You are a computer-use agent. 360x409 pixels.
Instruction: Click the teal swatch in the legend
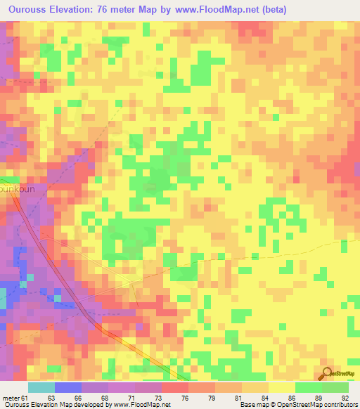(x=41, y=387)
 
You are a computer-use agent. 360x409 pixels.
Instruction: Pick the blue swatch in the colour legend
(x=68, y=387)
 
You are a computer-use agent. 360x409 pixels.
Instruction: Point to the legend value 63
(x=50, y=398)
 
